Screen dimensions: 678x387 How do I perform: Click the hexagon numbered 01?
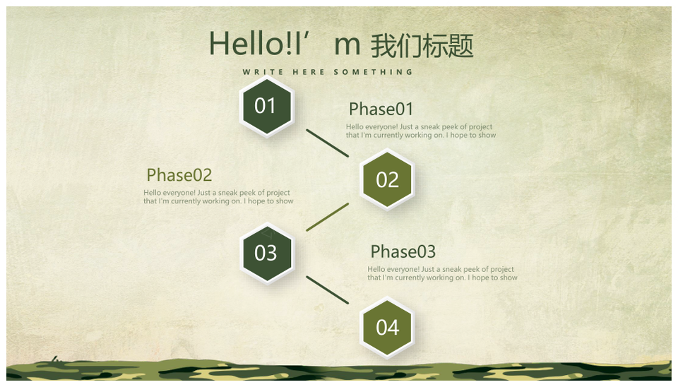[x=267, y=107]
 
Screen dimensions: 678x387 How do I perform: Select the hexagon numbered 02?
[x=387, y=179]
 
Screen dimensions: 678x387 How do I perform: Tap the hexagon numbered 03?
[x=267, y=254]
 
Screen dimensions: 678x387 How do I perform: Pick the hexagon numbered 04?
[x=387, y=328]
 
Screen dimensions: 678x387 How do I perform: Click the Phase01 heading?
[x=381, y=109]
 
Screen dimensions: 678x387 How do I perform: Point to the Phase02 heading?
[x=179, y=175]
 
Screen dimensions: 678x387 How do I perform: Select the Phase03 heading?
[x=403, y=251]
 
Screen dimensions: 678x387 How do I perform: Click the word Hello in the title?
[x=246, y=44]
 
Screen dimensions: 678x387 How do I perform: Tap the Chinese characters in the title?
[x=422, y=45]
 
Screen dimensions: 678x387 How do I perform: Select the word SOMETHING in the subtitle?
[x=373, y=72]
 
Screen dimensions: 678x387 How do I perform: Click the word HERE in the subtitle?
[x=309, y=72]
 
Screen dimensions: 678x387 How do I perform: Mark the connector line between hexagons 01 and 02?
[x=327, y=143]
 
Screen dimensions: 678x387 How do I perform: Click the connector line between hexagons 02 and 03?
[x=327, y=217]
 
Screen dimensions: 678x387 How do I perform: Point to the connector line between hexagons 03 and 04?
[x=327, y=290]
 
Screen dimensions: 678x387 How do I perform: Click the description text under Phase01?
[x=421, y=131]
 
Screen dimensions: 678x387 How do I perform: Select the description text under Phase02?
[x=218, y=197]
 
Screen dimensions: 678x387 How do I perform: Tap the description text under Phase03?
[x=442, y=273]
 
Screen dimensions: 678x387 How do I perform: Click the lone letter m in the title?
[x=347, y=46]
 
